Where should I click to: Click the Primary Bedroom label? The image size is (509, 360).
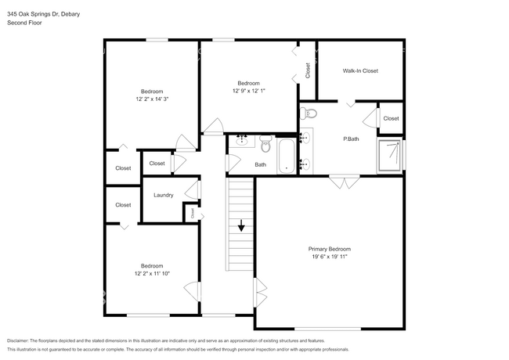[x=329, y=249]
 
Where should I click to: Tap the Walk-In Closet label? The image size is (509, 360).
[x=360, y=70]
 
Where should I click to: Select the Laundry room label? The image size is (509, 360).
[x=164, y=195]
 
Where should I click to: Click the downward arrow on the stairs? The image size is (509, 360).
[x=241, y=225]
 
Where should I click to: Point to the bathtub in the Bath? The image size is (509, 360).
[x=287, y=156]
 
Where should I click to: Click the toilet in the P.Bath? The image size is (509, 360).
[x=308, y=113]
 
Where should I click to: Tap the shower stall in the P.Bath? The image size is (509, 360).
[x=389, y=156]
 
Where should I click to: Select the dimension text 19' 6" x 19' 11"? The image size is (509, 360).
[x=330, y=257]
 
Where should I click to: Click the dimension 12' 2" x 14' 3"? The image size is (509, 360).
[x=152, y=99]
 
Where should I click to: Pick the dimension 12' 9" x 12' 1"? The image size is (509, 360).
[x=249, y=91]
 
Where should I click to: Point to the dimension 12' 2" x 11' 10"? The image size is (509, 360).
[x=152, y=273]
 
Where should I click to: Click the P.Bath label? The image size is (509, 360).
[x=351, y=139]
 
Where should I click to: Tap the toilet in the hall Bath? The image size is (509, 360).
[x=266, y=144]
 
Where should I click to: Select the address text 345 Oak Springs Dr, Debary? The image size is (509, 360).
[x=44, y=14]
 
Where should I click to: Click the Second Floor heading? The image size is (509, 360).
[x=24, y=23]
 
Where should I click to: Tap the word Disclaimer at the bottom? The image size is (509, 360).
[x=18, y=341]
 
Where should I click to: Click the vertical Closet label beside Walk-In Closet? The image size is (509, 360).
[x=308, y=70]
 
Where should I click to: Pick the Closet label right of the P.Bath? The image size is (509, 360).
[x=391, y=119]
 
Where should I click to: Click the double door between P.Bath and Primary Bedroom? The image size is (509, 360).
[x=345, y=181]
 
